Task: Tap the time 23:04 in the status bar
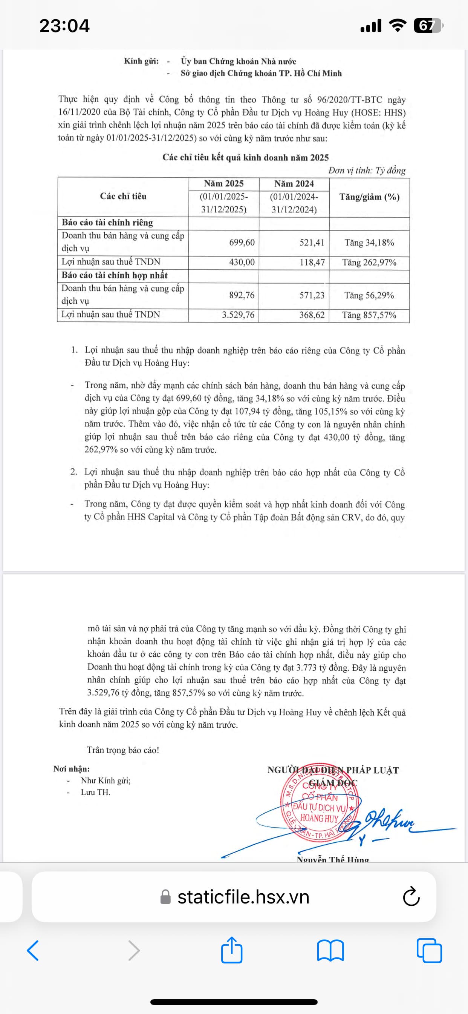tap(64, 26)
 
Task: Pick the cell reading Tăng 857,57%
tap(369, 315)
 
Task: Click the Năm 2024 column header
tap(294, 184)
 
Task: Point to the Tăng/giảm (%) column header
tap(369, 197)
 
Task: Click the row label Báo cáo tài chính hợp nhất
tap(115, 275)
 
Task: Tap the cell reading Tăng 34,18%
tap(369, 243)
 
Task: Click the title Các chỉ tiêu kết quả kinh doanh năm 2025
tap(245, 157)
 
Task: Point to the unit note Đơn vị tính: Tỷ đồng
tap(367, 171)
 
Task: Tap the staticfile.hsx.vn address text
tap(243, 897)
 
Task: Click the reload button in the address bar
tap(411, 897)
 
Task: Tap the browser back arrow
tap(33, 951)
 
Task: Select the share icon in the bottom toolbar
tap(232, 950)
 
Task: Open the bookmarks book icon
tap(330, 951)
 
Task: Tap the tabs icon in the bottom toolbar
tap(429, 951)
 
